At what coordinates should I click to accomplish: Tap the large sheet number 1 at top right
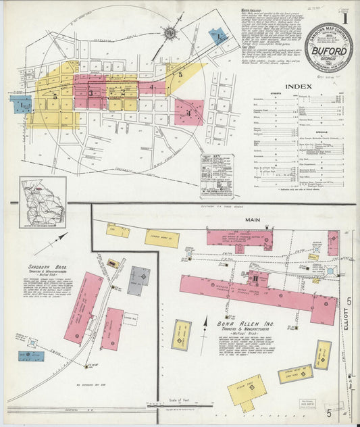(347, 16)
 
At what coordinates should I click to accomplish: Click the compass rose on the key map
(171, 32)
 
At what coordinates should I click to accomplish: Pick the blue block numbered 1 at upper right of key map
(219, 36)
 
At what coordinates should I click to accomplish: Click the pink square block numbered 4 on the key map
(188, 112)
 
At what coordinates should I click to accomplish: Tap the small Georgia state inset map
(43, 201)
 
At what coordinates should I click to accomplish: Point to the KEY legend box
(216, 175)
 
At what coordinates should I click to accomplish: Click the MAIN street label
(252, 220)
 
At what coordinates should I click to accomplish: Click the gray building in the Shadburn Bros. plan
(139, 280)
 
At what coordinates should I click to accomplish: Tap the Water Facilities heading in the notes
(254, 11)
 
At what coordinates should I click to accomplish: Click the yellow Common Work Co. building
(161, 238)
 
